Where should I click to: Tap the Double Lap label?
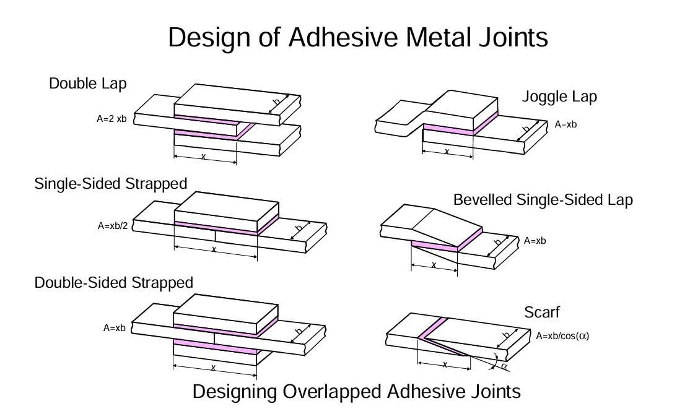pyautogui.click(x=87, y=83)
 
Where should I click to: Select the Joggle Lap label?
pyautogui.click(x=559, y=97)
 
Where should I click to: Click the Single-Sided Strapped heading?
pyautogui.click(x=111, y=183)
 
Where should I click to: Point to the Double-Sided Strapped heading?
pyautogui.click(x=114, y=282)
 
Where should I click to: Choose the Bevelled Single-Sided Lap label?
pyautogui.click(x=543, y=200)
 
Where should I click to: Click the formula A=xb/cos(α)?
pyautogui.click(x=562, y=337)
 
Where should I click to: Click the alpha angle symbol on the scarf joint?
pyautogui.click(x=504, y=366)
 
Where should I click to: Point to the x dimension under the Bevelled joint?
pyautogui.click(x=434, y=265)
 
